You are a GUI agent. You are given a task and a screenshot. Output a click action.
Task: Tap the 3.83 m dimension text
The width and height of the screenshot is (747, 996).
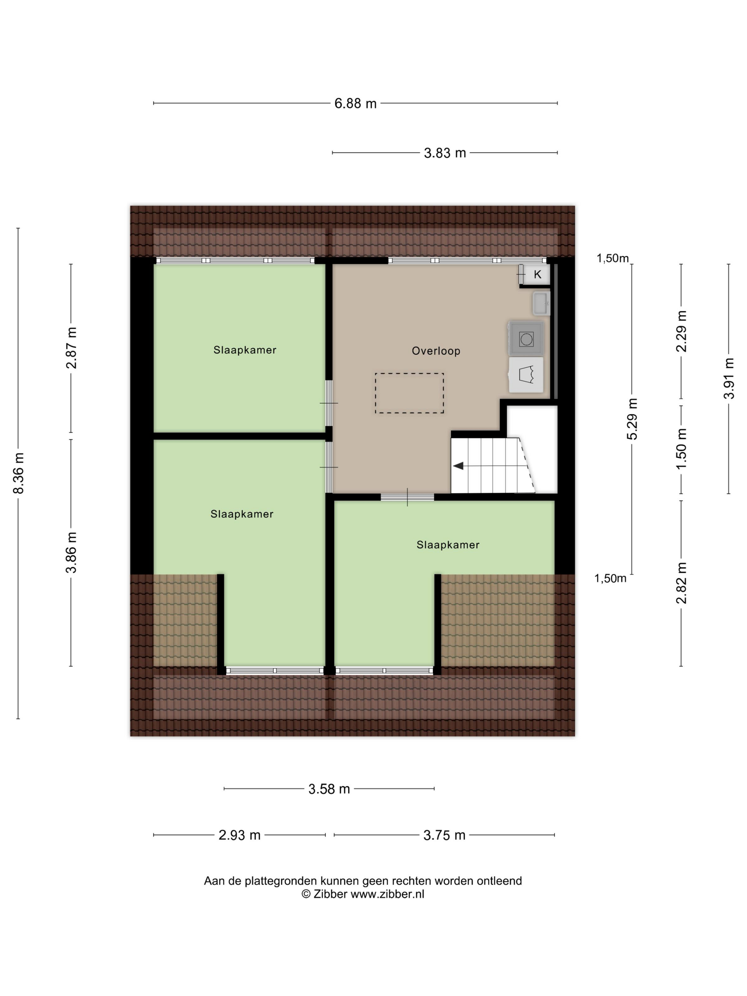coord(444,153)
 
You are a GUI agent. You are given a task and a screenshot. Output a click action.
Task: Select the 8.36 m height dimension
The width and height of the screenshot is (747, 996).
coord(19,473)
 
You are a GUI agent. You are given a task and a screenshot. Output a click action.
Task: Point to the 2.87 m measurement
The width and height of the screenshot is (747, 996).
coord(71,348)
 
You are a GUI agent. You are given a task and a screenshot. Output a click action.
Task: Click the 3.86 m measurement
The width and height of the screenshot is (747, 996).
coord(71,552)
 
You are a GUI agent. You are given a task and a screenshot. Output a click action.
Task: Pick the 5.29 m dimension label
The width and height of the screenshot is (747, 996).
coord(632,419)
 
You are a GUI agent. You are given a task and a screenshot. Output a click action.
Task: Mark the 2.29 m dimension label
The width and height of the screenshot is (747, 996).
coord(681,331)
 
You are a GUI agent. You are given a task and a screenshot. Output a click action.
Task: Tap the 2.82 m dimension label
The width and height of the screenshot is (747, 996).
coord(681,583)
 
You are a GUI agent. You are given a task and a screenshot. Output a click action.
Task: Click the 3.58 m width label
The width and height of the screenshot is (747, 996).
coord(329,789)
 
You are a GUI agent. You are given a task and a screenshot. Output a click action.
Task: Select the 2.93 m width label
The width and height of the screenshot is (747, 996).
coord(239,835)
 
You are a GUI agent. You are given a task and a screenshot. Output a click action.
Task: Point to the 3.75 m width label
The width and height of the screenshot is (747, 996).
coord(444,835)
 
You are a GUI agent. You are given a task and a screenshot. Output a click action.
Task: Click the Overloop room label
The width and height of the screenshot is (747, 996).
coord(436,351)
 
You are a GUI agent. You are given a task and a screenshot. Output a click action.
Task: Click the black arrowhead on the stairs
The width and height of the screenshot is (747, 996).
coord(459,466)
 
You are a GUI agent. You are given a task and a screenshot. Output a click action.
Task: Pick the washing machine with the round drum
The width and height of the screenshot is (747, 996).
coord(526,338)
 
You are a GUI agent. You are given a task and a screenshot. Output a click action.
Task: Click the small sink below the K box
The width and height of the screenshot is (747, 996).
coord(541,303)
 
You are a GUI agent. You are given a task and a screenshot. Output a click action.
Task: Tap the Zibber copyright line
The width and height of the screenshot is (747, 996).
coord(363,894)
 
